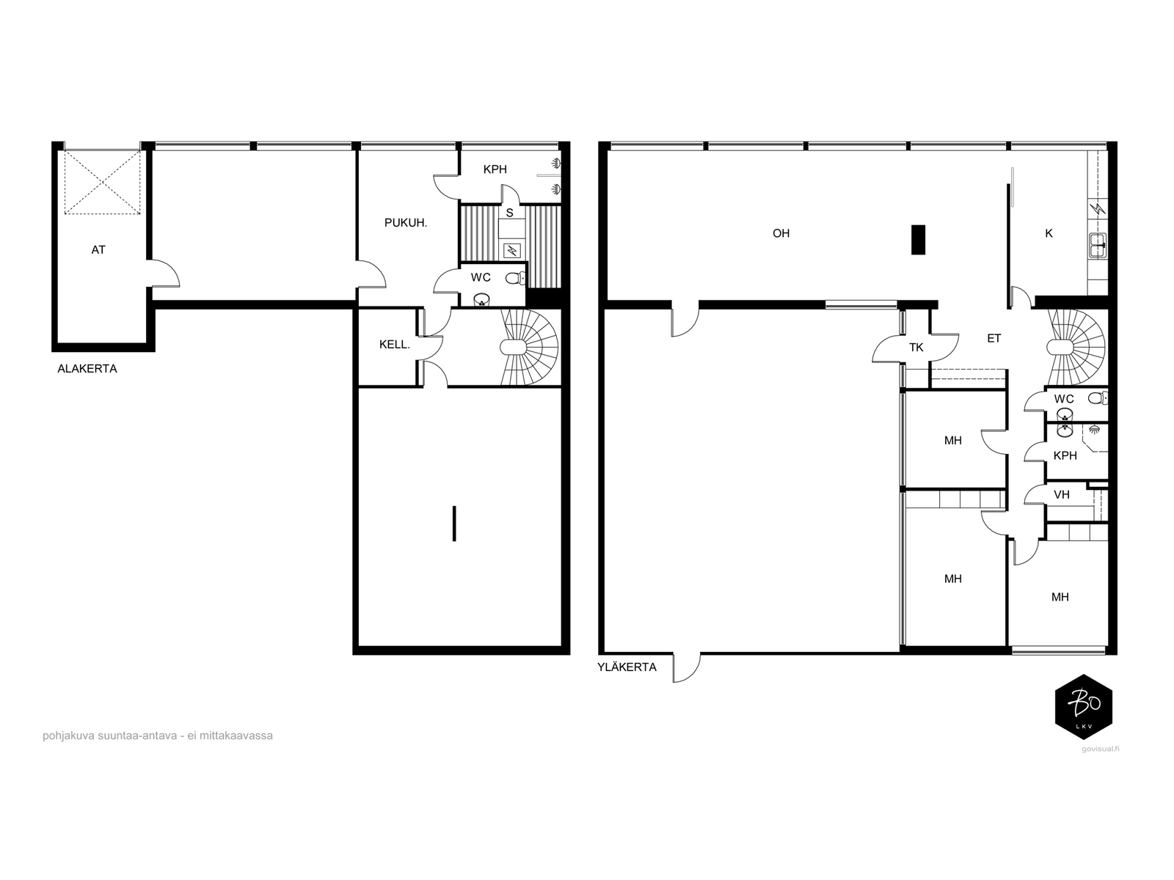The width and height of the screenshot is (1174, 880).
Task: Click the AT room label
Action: (98, 249)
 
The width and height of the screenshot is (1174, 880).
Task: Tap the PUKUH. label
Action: (406, 223)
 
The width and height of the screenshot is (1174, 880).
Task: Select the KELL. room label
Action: (395, 345)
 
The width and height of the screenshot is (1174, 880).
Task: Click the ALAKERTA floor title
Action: (87, 369)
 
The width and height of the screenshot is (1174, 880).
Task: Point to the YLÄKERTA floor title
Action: (627, 667)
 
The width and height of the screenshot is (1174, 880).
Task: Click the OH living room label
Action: (781, 233)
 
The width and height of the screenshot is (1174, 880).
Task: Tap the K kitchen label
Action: (1049, 233)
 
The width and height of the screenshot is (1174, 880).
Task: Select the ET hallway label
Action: (993, 338)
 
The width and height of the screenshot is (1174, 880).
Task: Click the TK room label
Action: (916, 348)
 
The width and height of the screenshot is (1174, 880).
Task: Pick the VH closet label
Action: (1062, 495)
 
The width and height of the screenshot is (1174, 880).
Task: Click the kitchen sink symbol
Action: (1098, 245)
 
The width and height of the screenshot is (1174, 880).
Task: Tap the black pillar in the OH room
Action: (919, 240)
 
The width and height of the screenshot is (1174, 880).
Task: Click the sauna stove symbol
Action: (512, 249)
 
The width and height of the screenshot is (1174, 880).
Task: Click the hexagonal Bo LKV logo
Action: (1084, 706)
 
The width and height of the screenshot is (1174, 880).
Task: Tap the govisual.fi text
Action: (1100, 749)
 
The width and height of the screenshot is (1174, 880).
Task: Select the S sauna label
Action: (510, 213)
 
